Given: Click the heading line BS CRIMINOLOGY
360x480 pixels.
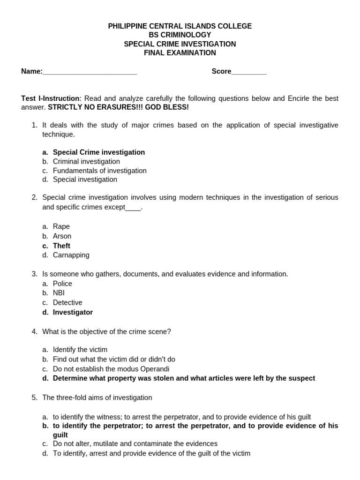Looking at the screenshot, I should click(x=180, y=35).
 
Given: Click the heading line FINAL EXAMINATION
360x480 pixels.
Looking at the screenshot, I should click(x=180, y=53).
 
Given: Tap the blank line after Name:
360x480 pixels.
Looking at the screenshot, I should click(x=90, y=72).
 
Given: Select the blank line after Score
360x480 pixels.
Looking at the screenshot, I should click(x=249, y=72).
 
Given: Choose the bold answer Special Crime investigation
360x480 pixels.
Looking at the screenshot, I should click(x=98, y=152).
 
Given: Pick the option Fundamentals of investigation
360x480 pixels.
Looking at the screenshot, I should click(x=99, y=171).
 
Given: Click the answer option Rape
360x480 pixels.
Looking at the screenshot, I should click(x=61, y=226).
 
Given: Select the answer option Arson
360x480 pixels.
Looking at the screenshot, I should click(x=62, y=236).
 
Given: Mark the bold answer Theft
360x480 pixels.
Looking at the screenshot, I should click(x=61, y=246).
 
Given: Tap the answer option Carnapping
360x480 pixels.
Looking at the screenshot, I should click(x=71, y=255).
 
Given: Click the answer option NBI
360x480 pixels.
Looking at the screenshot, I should click(x=59, y=293).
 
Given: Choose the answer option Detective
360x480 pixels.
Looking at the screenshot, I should click(x=67, y=302).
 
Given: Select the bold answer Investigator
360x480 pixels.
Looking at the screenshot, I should click(x=73, y=312).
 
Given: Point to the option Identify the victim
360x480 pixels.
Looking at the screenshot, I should click(x=80, y=350).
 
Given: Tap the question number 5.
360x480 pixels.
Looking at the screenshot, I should click(x=35, y=397).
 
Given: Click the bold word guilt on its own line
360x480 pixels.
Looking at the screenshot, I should click(x=60, y=435).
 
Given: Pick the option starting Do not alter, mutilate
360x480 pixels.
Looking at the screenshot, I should click(x=135, y=443).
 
